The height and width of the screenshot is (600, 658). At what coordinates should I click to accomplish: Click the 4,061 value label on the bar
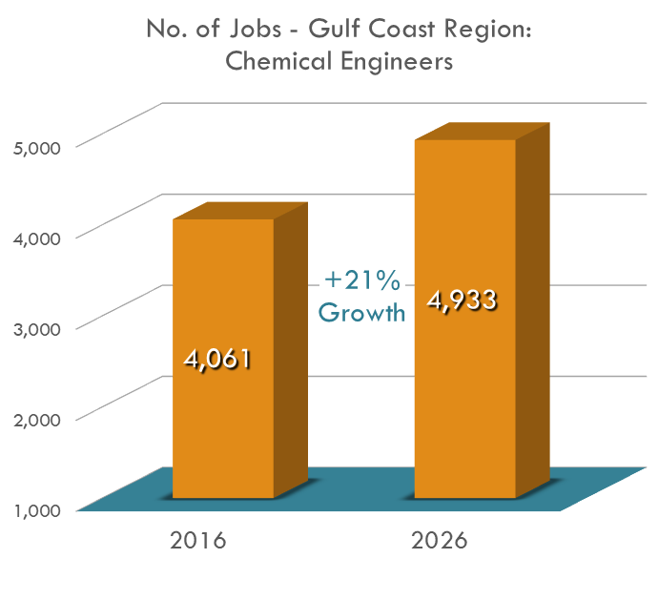click(x=217, y=362)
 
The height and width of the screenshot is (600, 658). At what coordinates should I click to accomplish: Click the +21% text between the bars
click(x=362, y=280)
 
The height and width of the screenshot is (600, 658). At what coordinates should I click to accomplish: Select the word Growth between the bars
click(x=361, y=312)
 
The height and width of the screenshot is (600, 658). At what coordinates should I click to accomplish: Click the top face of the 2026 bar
click(x=483, y=131)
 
